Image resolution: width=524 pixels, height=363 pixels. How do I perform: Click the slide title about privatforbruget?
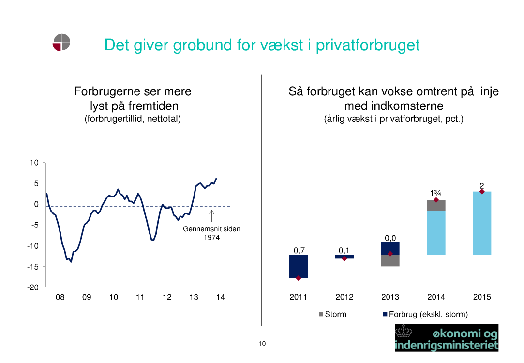[262, 45]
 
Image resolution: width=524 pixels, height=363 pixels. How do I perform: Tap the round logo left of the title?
[61, 42]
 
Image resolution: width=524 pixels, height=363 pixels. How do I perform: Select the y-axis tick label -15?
[33, 267]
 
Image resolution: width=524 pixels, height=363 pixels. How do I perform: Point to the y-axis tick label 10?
[34, 163]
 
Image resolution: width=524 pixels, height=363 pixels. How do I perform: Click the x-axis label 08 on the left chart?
[60, 297]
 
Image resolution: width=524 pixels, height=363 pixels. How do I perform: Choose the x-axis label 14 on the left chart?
[221, 297]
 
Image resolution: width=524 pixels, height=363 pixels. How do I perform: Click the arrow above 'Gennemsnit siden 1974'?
[212, 216]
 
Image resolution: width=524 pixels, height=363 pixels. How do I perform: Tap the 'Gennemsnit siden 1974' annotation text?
[211, 233]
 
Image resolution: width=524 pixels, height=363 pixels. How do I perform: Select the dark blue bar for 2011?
[298, 266]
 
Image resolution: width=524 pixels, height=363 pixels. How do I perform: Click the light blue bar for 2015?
[482, 223]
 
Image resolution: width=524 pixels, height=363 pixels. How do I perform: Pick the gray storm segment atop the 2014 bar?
[436, 205]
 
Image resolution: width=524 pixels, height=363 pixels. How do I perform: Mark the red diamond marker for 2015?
[482, 192]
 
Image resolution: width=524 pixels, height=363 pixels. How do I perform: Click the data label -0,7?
[298, 250]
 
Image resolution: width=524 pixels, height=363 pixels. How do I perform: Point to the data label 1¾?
[435, 193]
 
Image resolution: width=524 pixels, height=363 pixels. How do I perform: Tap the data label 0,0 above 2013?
[390, 238]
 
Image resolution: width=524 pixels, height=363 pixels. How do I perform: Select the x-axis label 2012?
[344, 297]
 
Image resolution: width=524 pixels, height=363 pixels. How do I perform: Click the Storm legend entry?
[333, 315]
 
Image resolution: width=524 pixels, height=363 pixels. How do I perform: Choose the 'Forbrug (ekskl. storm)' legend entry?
[425, 315]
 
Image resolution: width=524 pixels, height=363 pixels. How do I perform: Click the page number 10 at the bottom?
[262, 344]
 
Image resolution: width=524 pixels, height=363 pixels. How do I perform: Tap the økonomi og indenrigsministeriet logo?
[447, 338]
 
